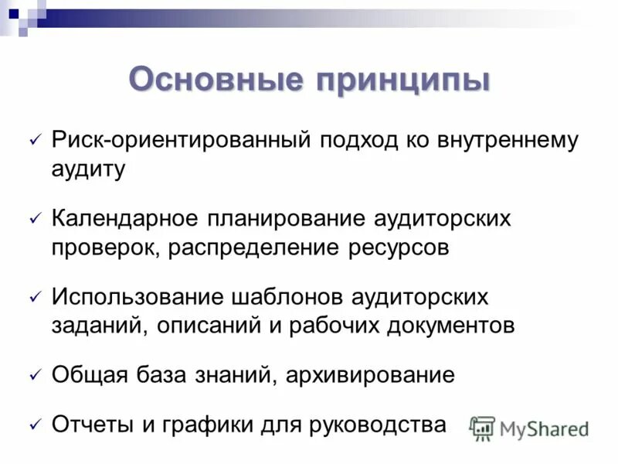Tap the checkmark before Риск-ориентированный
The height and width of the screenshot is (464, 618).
click(34, 142)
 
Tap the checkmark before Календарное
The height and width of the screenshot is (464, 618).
click(34, 220)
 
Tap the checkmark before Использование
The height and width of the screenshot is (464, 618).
click(34, 297)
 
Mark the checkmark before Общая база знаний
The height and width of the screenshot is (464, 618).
click(34, 375)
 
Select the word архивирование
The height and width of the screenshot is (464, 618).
click(370, 375)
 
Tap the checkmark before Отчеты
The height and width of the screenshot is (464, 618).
click(34, 425)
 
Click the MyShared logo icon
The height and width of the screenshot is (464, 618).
click(482, 428)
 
